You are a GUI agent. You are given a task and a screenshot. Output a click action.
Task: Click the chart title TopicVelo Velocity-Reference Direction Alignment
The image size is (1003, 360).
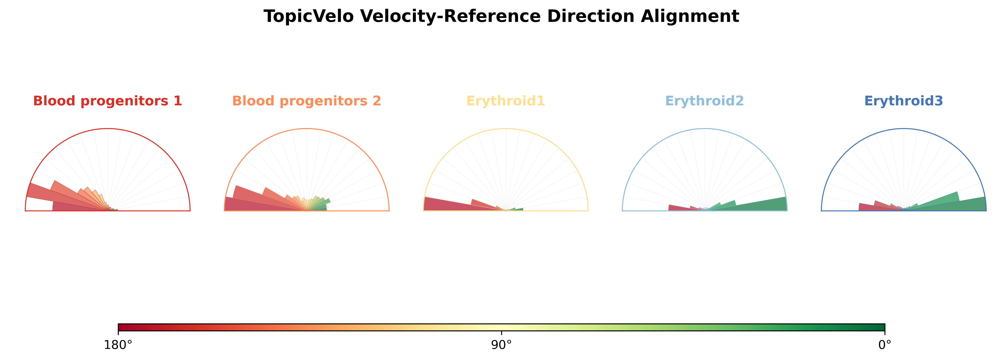(x=501, y=16)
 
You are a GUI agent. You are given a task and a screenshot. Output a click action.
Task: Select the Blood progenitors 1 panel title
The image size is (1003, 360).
(x=108, y=101)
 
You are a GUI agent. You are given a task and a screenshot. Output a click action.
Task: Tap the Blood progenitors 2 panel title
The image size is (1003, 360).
(x=306, y=101)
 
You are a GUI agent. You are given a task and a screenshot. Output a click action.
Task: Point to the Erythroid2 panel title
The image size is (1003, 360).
(x=705, y=101)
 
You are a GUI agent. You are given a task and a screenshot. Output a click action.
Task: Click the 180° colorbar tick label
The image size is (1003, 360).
(x=118, y=345)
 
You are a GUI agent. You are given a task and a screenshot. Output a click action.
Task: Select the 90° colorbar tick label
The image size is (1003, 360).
(x=502, y=345)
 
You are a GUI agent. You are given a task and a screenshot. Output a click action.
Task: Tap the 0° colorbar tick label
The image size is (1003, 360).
(x=885, y=345)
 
